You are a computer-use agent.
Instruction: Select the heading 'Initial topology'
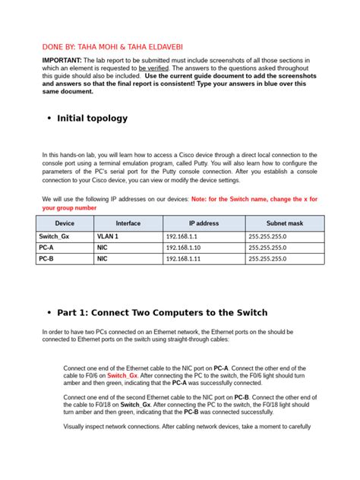tap(93, 118)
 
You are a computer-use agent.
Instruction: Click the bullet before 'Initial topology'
tap(49, 118)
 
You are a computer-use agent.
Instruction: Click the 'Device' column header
tap(65, 223)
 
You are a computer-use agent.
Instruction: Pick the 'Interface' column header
tap(128, 223)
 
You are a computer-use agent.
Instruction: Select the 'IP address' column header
tap(204, 223)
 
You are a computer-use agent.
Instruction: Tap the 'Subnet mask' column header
tap(284, 223)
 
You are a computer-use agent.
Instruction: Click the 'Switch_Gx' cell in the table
tap(54, 237)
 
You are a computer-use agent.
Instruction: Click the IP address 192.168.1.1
tap(184, 237)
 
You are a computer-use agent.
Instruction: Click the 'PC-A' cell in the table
tap(47, 248)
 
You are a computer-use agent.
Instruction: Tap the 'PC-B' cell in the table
tap(47, 258)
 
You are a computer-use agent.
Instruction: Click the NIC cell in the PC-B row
tap(102, 258)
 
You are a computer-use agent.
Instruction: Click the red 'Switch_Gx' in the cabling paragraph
tap(122, 375)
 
